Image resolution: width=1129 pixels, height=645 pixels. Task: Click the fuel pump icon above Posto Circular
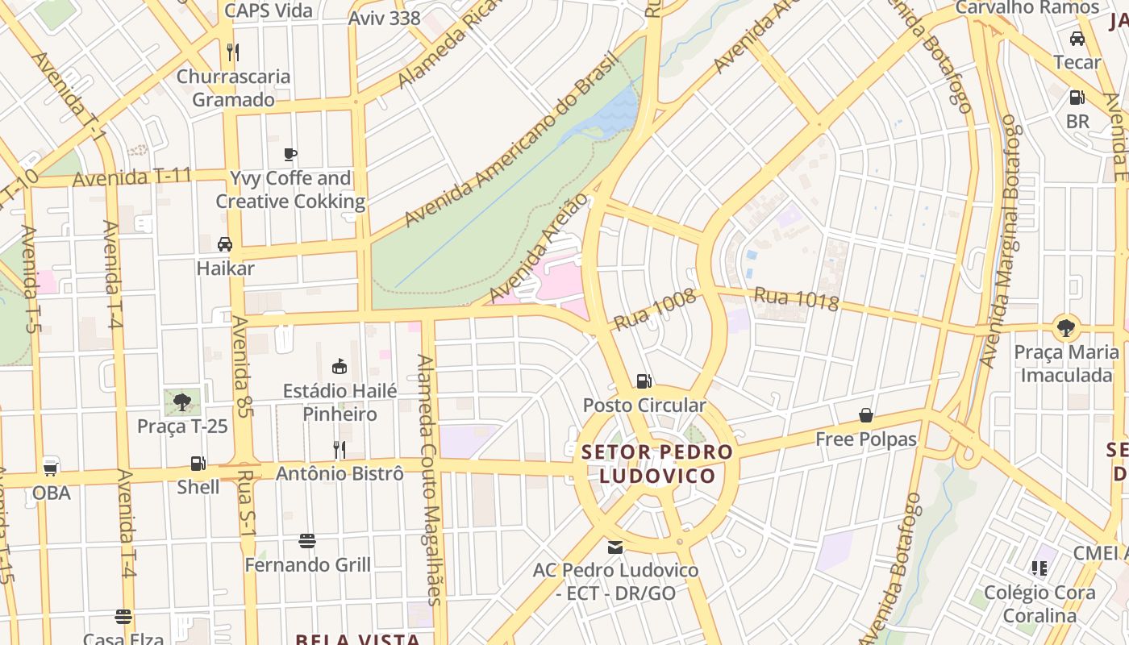[x=644, y=381]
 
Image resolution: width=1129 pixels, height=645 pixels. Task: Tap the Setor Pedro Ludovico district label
[x=657, y=464]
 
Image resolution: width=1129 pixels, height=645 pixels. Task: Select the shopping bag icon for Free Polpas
[x=866, y=415]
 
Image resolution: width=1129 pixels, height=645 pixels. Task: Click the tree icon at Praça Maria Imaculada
[x=1066, y=327]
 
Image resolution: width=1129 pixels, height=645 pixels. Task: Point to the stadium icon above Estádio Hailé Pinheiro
[x=340, y=367]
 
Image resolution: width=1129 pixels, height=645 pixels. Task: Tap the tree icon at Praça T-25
[x=182, y=401]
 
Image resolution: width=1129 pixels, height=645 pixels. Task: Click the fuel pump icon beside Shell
[x=198, y=464]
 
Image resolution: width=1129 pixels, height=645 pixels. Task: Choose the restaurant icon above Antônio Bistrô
[x=340, y=449]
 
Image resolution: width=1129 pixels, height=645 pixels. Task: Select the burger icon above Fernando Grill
[x=306, y=540]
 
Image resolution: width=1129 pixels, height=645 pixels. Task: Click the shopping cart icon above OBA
[x=51, y=468]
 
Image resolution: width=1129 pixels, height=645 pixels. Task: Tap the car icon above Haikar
[x=225, y=243]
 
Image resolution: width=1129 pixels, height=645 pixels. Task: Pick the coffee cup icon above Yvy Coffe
[x=290, y=154]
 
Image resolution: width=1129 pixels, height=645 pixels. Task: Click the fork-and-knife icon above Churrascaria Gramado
[x=233, y=52]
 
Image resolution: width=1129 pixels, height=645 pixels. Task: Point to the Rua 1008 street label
[x=654, y=310]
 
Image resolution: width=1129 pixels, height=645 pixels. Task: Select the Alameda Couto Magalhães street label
[x=428, y=479]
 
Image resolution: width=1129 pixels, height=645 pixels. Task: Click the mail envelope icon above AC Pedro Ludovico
[x=615, y=547]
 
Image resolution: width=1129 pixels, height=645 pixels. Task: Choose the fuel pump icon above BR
[x=1077, y=98]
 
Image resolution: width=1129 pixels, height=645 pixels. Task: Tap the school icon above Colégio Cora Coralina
[x=1040, y=568]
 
